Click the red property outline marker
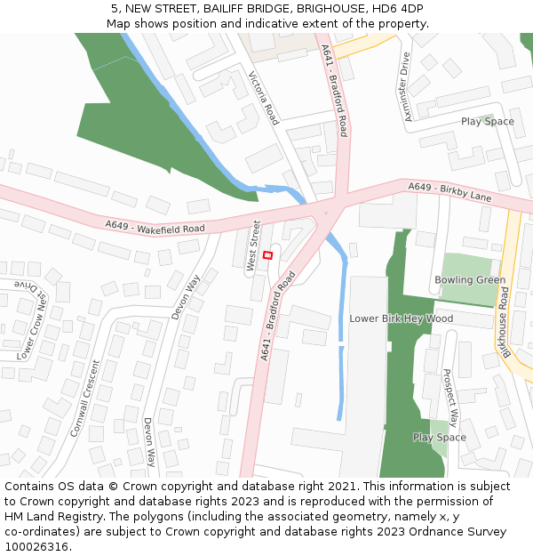pyautogui.click(x=268, y=255)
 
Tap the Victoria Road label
pyautogui.click(x=264, y=98)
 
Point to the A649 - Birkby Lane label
pyautogui.click(x=449, y=191)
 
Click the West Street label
pyautogui.click(x=253, y=246)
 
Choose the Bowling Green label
pyautogui.click(x=470, y=280)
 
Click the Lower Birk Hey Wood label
pyautogui.click(x=402, y=318)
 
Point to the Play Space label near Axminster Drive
pyautogui.click(x=487, y=122)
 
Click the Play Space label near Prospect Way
pyautogui.click(x=439, y=438)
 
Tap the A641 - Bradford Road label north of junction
pyautogui.click(x=335, y=91)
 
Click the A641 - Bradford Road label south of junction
pyautogui.click(x=278, y=316)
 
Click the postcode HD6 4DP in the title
pyautogui.click(x=400, y=8)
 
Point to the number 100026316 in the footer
pyautogui.click(x=36, y=547)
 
